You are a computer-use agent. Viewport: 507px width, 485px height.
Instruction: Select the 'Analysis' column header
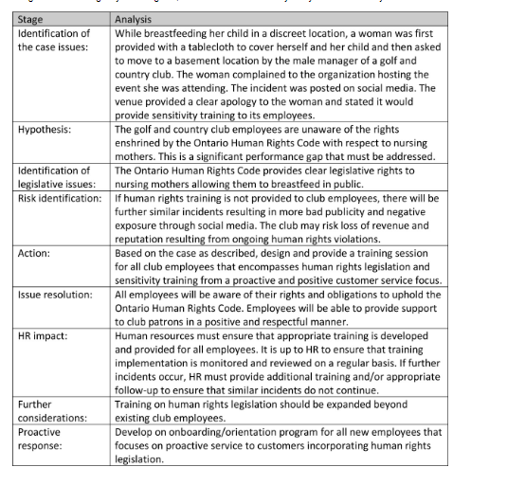[x=134, y=18]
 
